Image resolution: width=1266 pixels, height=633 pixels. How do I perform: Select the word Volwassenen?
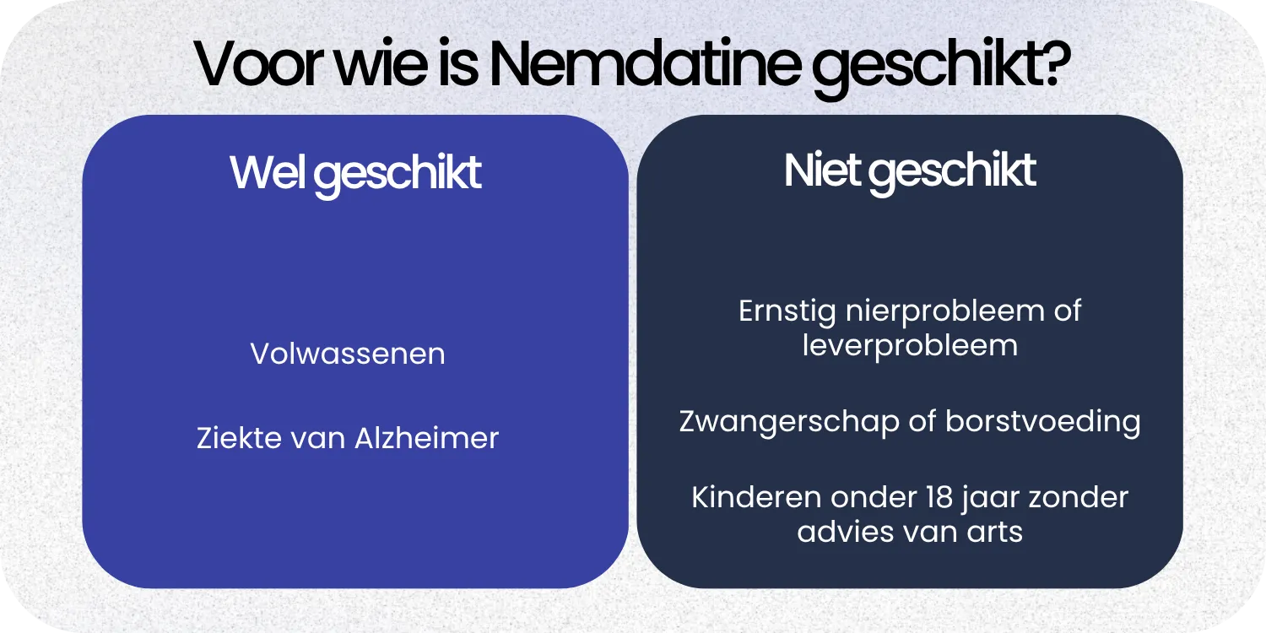pos(348,354)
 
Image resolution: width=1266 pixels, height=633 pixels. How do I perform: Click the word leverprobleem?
pos(910,346)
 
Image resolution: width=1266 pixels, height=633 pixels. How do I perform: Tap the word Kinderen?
pos(756,497)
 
